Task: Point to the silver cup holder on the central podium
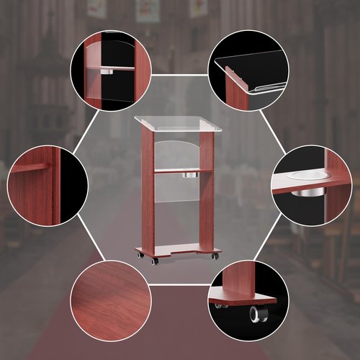[x=192, y=175]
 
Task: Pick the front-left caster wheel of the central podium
[x=155, y=260]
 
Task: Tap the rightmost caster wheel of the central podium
[x=215, y=256]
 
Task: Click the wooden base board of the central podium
[x=176, y=250]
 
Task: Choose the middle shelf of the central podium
[x=176, y=170]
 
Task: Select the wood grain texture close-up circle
[x=110, y=299]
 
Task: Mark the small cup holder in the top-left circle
[x=109, y=73]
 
